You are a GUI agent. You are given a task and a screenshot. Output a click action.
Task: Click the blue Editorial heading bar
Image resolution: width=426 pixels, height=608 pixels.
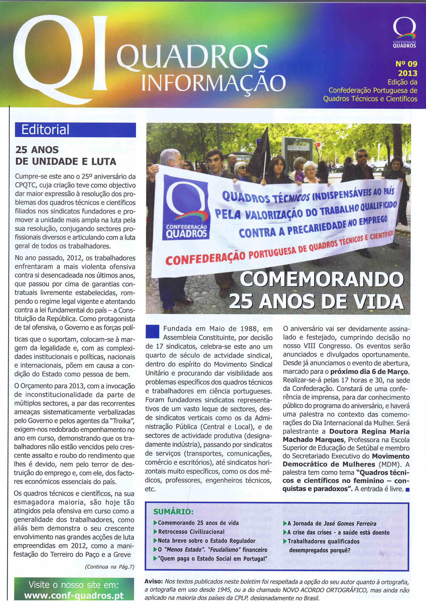tap(75, 130)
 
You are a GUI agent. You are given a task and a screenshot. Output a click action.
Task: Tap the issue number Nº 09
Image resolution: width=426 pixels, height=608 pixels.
tap(406, 64)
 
